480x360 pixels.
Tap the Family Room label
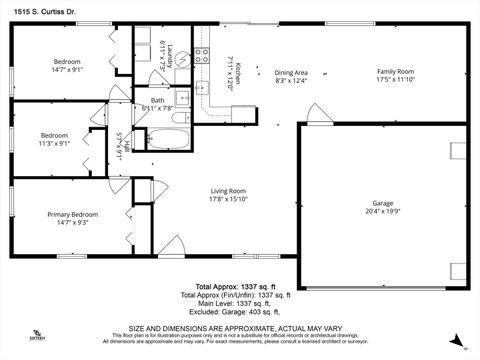point(395,72)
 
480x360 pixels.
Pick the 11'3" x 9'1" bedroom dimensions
point(55,143)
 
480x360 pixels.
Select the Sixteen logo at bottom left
point(37,335)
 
